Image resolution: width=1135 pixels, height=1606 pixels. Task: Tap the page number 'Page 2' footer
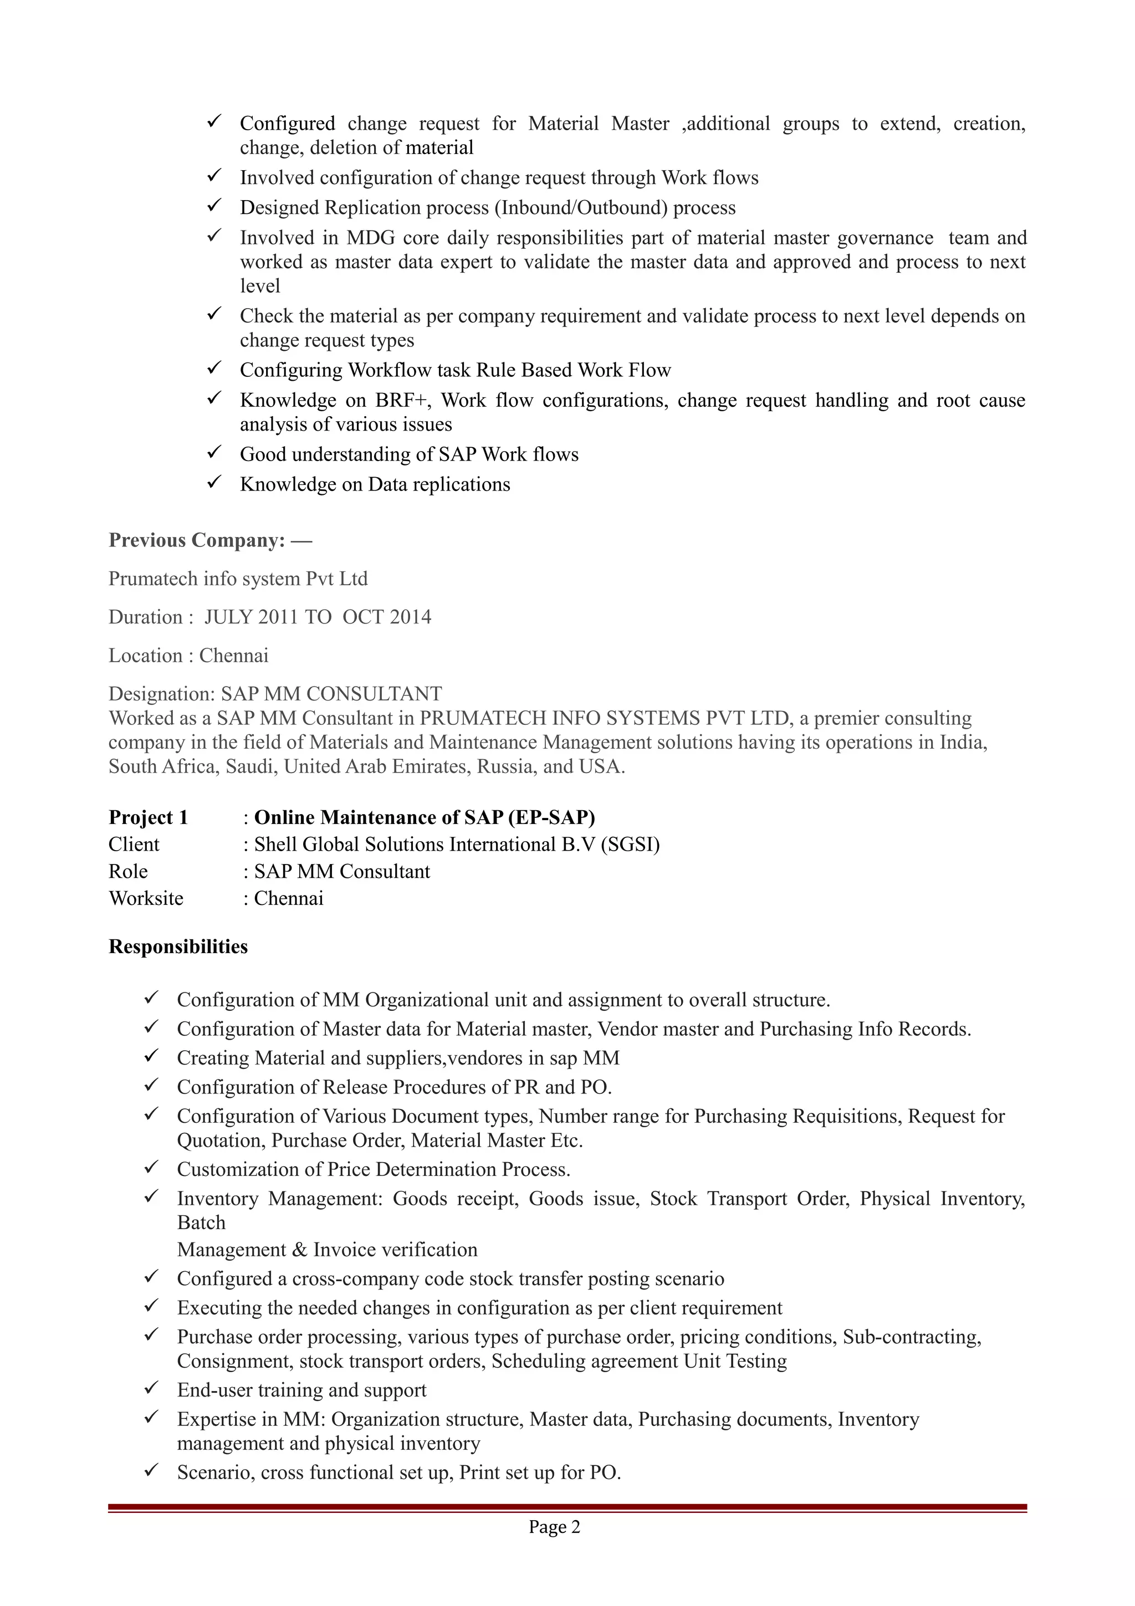point(554,1526)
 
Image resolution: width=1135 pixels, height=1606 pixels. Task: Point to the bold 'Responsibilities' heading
point(178,947)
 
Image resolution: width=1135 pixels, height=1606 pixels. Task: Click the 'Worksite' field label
point(146,898)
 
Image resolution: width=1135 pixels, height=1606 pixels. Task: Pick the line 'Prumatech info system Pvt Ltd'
point(238,579)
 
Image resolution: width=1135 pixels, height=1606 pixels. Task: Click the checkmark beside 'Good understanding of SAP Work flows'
point(214,453)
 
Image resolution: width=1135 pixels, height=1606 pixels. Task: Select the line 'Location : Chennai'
point(188,656)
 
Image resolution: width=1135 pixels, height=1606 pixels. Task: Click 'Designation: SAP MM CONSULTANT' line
point(275,694)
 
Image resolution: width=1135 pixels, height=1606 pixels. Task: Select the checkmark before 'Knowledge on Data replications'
point(214,483)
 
